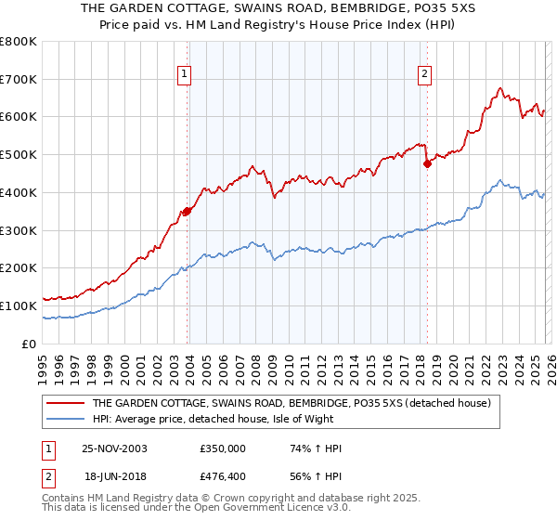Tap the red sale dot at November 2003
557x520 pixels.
188,211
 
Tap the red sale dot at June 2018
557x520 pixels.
428,163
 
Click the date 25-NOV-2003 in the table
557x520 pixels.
114,448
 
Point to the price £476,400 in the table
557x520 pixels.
223,478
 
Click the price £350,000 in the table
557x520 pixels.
223,448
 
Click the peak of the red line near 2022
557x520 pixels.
499,89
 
